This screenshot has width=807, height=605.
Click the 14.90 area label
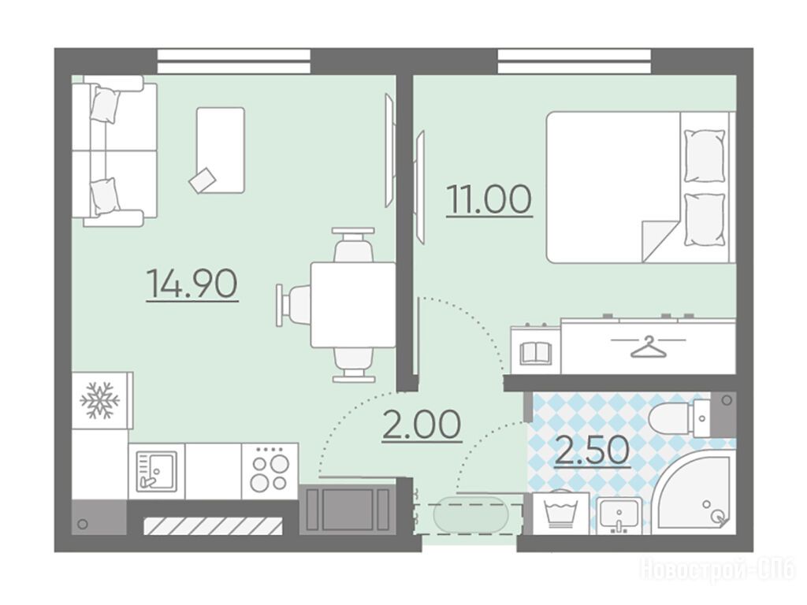point(192,284)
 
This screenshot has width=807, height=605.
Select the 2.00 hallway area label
point(422,425)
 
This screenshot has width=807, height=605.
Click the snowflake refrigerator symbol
point(100,399)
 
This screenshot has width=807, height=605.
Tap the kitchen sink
point(157,470)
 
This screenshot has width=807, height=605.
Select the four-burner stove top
point(270,470)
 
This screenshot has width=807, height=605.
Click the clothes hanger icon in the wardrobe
point(649,347)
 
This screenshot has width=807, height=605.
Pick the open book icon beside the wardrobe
point(536,354)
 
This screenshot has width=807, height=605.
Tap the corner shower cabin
point(694,492)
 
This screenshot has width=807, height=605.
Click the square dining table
point(353,305)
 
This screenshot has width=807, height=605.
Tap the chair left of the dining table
point(292,305)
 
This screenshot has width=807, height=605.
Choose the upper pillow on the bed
point(704,155)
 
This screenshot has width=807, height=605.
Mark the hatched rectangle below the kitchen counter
point(214,525)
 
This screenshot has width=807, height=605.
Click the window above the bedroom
point(575,61)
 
